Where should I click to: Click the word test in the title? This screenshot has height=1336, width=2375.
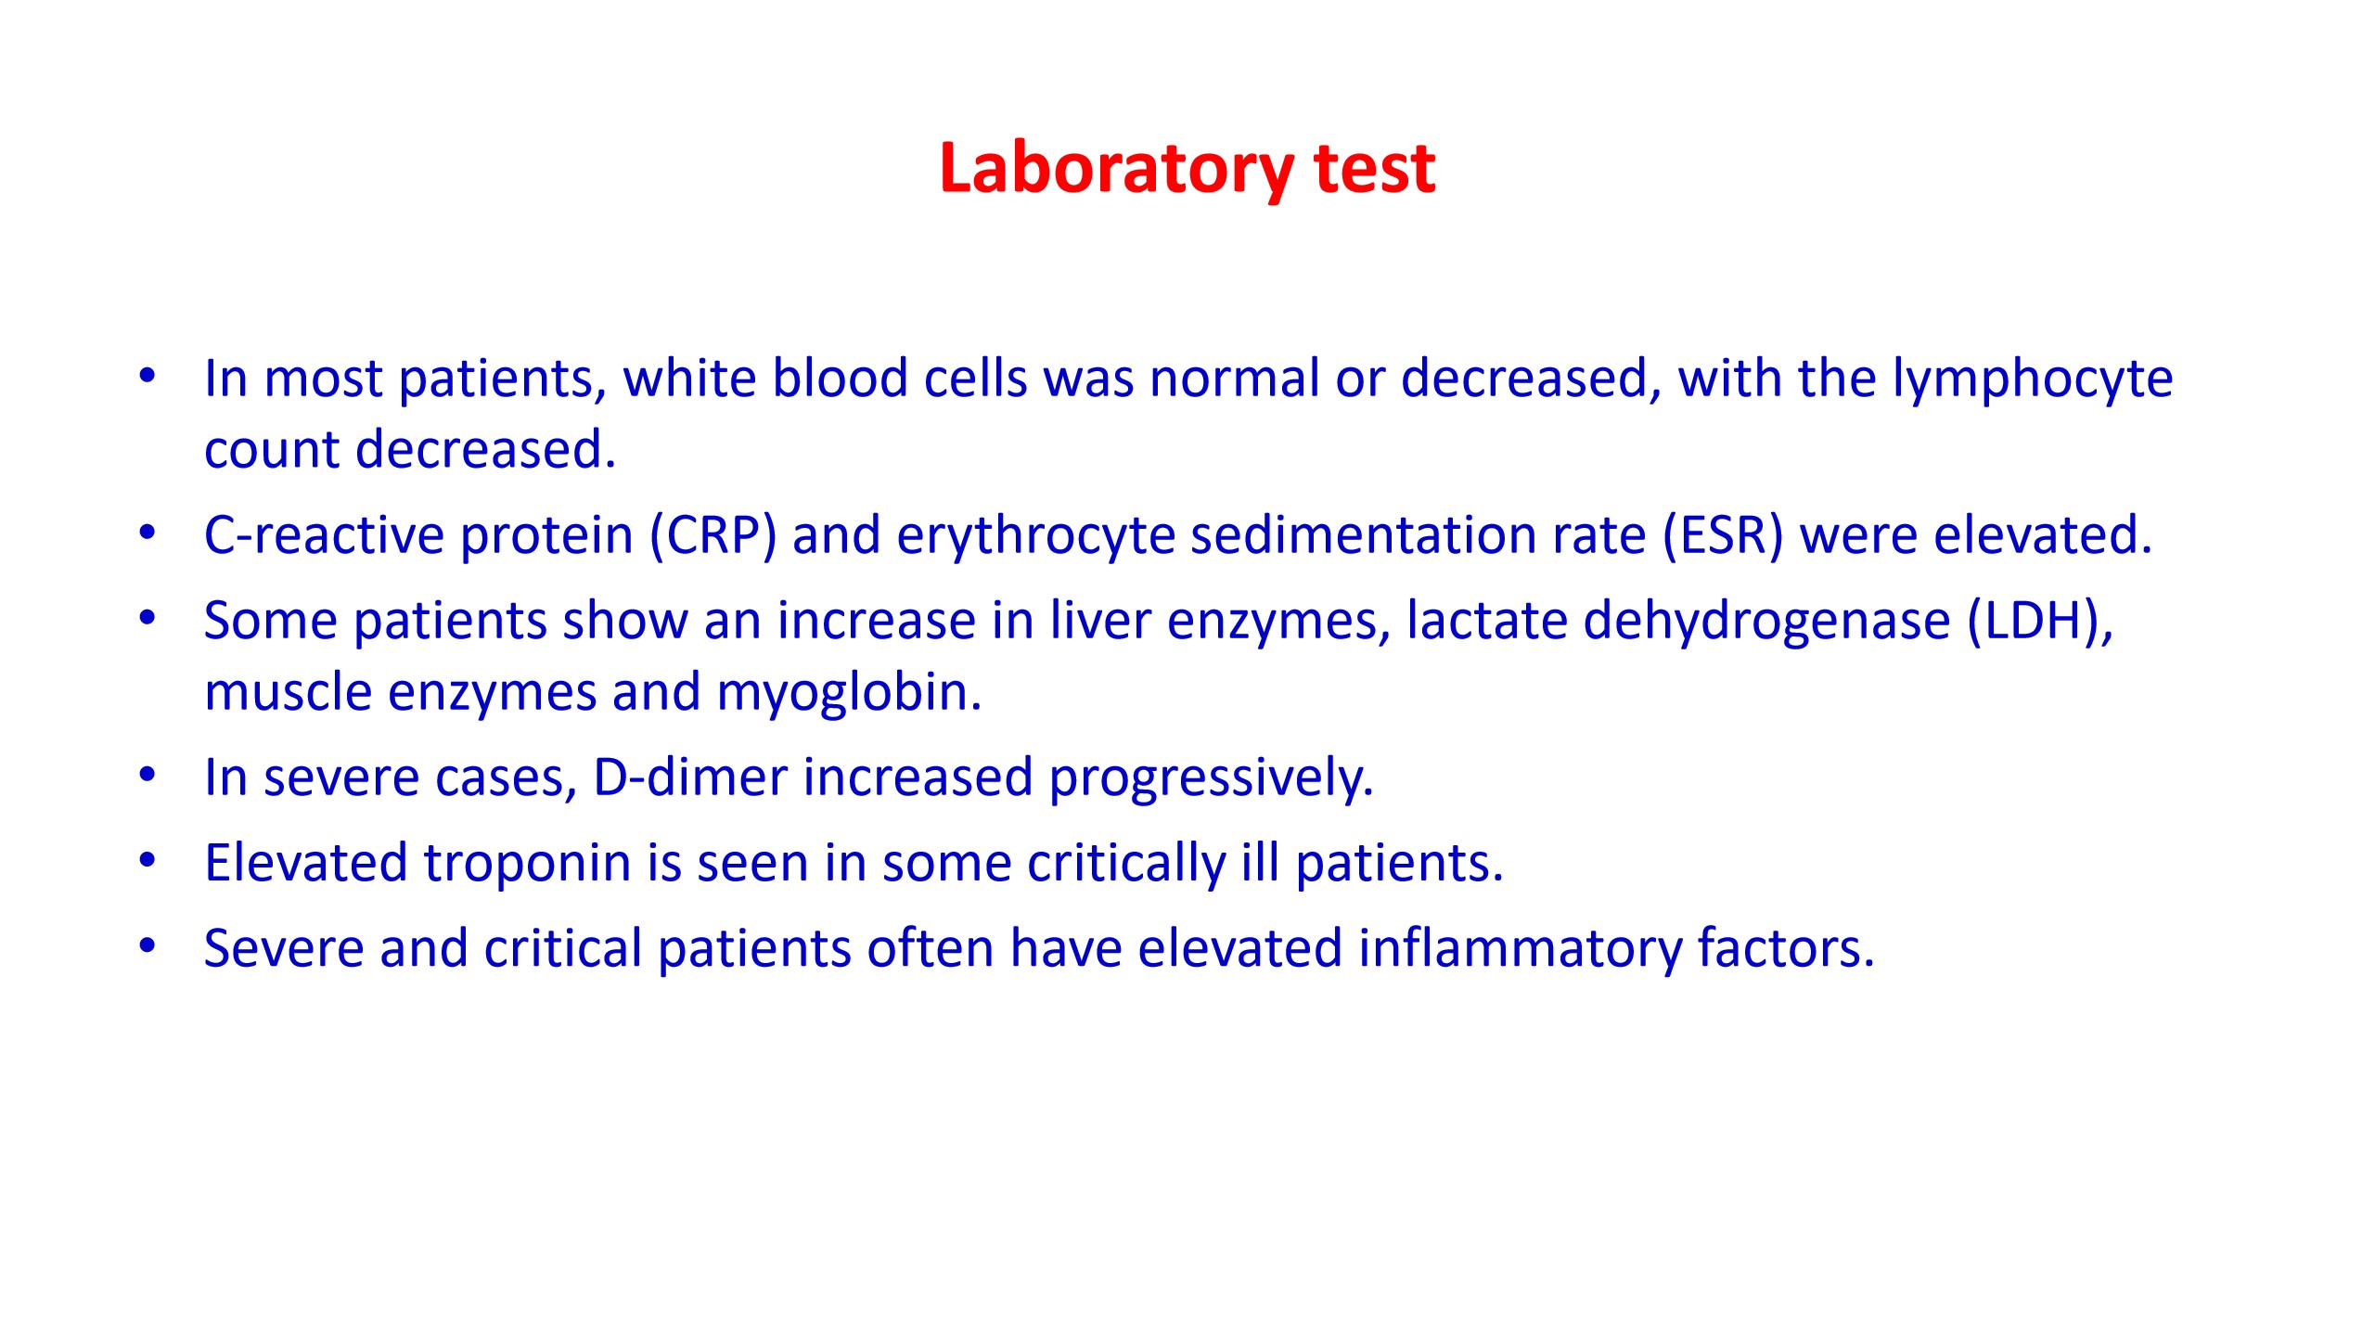click(x=1375, y=170)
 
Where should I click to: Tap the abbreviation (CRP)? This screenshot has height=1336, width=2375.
click(x=712, y=535)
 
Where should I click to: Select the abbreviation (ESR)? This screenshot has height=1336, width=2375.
click(x=1724, y=535)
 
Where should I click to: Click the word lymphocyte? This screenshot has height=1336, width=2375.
click(x=2033, y=379)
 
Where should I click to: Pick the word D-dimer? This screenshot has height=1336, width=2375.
click(x=690, y=777)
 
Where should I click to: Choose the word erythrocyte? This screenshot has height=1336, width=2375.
click(x=1035, y=536)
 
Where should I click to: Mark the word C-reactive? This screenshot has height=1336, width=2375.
click(x=324, y=535)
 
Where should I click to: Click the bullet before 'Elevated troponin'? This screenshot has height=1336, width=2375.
click(x=148, y=860)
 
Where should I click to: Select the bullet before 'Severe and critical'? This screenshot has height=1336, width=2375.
click(x=148, y=945)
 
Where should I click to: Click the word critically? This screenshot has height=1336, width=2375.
click(x=1126, y=864)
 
